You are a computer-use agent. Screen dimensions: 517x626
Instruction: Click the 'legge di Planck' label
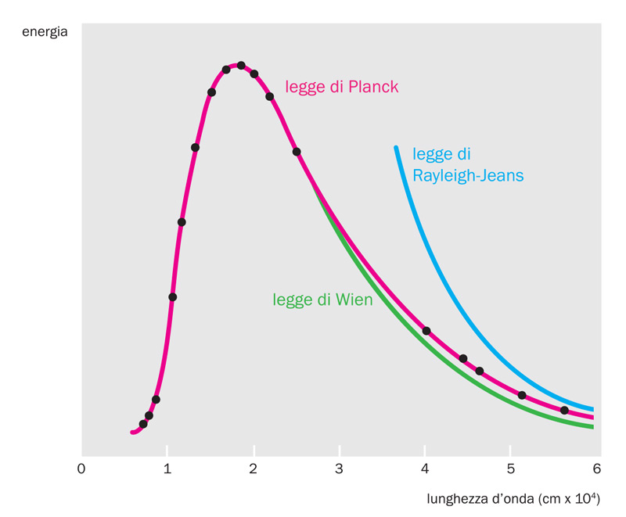pyautogui.click(x=342, y=87)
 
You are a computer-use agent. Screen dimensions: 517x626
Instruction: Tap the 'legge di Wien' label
pyautogui.click(x=322, y=299)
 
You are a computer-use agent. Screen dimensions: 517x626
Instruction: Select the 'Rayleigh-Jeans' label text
pyautogui.click(x=468, y=175)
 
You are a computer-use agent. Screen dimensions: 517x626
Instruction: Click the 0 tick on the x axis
pyautogui.click(x=81, y=469)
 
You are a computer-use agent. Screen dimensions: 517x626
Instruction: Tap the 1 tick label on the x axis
pyautogui.click(x=167, y=469)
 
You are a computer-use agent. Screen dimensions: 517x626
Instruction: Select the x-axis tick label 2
pyautogui.click(x=253, y=469)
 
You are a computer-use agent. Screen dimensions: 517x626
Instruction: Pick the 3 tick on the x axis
pyautogui.click(x=339, y=469)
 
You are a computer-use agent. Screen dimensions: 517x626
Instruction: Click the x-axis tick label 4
pyautogui.click(x=424, y=469)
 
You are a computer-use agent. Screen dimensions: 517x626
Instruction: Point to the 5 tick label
pyautogui.click(x=509, y=469)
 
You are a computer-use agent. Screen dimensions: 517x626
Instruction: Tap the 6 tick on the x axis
pyautogui.click(x=595, y=469)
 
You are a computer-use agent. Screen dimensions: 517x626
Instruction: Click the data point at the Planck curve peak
pyautogui.click(x=241, y=66)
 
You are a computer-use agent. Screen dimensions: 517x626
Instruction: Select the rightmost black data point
pyautogui.click(x=564, y=410)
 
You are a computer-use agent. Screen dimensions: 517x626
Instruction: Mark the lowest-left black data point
pyautogui.click(x=142, y=424)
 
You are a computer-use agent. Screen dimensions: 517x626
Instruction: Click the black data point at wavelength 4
pyautogui.click(x=426, y=331)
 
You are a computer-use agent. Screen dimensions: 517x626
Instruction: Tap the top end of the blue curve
pyautogui.click(x=396, y=148)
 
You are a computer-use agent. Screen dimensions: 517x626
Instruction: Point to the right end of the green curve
pyautogui.click(x=592, y=426)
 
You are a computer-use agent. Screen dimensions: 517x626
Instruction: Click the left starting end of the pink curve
pyautogui.click(x=132, y=432)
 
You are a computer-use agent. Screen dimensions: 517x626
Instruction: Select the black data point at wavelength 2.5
pyautogui.click(x=297, y=152)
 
